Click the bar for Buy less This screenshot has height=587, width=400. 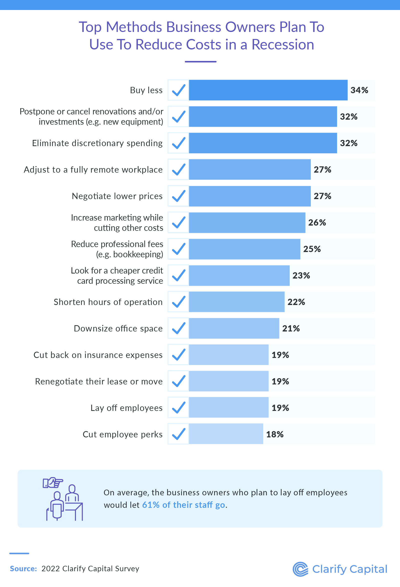pyautogui.click(x=268, y=90)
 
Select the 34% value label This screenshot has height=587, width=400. pyautogui.click(x=359, y=90)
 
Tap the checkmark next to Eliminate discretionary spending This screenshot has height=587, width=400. pyautogui.click(x=178, y=143)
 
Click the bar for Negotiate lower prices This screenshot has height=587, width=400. pyautogui.click(x=250, y=196)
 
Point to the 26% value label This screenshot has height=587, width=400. pyautogui.click(x=317, y=223)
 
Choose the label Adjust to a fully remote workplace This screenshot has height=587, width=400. pyautogui.click(x=93, y=170)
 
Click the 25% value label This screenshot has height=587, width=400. pyautogui.click(x=312, y=249)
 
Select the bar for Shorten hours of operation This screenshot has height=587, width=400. pyautogui.click(x=237, y=302)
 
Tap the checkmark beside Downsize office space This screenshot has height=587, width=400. pyautogui.click(x=178, y=328)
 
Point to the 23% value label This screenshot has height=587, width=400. pyautogui.click(x=301, y=276)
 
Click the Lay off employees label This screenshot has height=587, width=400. pyautogui.click(x=126, y=408)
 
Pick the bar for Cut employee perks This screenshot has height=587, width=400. pyautogui.click(x=226, y=434)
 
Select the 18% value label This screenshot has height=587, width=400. pyautogui.click(x=275, y=434)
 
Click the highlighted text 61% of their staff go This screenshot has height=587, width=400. pyautogui.click(x=183, y=505)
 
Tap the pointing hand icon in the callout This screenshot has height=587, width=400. pyautogui.click(x=53, y=483)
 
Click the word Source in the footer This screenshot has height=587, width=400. pyautogui.click(x=23, y=569)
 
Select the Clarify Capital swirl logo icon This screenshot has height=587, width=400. pyautogui.click(x=300, y=569)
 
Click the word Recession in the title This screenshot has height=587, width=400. pyautogui.click(x=283, y=44)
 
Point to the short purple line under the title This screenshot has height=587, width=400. pyautogui.click(x=200, y=62)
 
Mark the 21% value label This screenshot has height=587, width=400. pyautogui.click(x=291, y=328)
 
